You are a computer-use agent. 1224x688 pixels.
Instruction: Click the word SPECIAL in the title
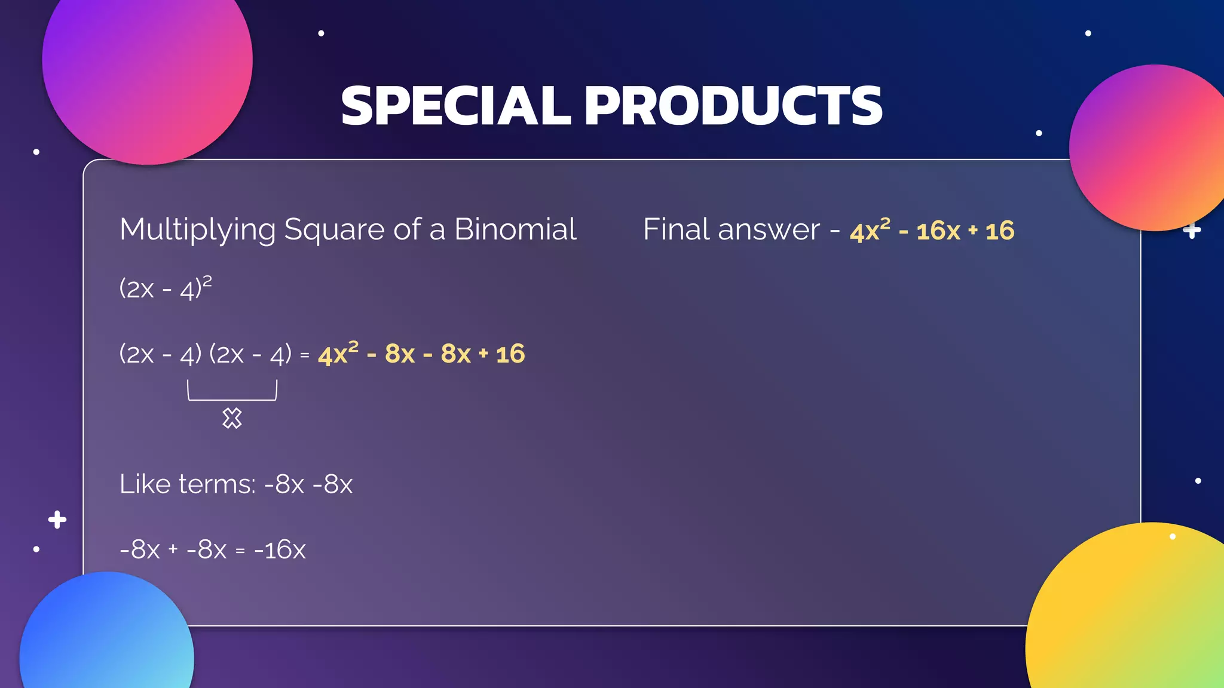tap(456, 106)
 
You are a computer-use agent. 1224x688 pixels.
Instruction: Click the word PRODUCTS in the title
tap(733, 106)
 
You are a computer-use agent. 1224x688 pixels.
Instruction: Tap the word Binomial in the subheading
tap(515, 229)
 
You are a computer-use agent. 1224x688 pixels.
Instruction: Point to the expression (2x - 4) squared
tap(165, 288)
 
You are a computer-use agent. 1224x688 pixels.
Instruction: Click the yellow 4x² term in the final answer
tap(870, 231)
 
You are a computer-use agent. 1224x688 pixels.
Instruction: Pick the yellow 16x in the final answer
tap(938, 231)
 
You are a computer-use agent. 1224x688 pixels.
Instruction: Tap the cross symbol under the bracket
tap(232, 418)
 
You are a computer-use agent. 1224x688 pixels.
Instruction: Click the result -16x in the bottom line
tap(280, 549)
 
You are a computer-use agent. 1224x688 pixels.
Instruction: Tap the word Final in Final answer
tap(677, 229)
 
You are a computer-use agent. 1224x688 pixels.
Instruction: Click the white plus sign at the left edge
tap(57, 520)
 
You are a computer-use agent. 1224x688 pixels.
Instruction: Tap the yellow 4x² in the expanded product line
tap(338, 354)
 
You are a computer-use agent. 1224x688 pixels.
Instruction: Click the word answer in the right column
tap(769, 229)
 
